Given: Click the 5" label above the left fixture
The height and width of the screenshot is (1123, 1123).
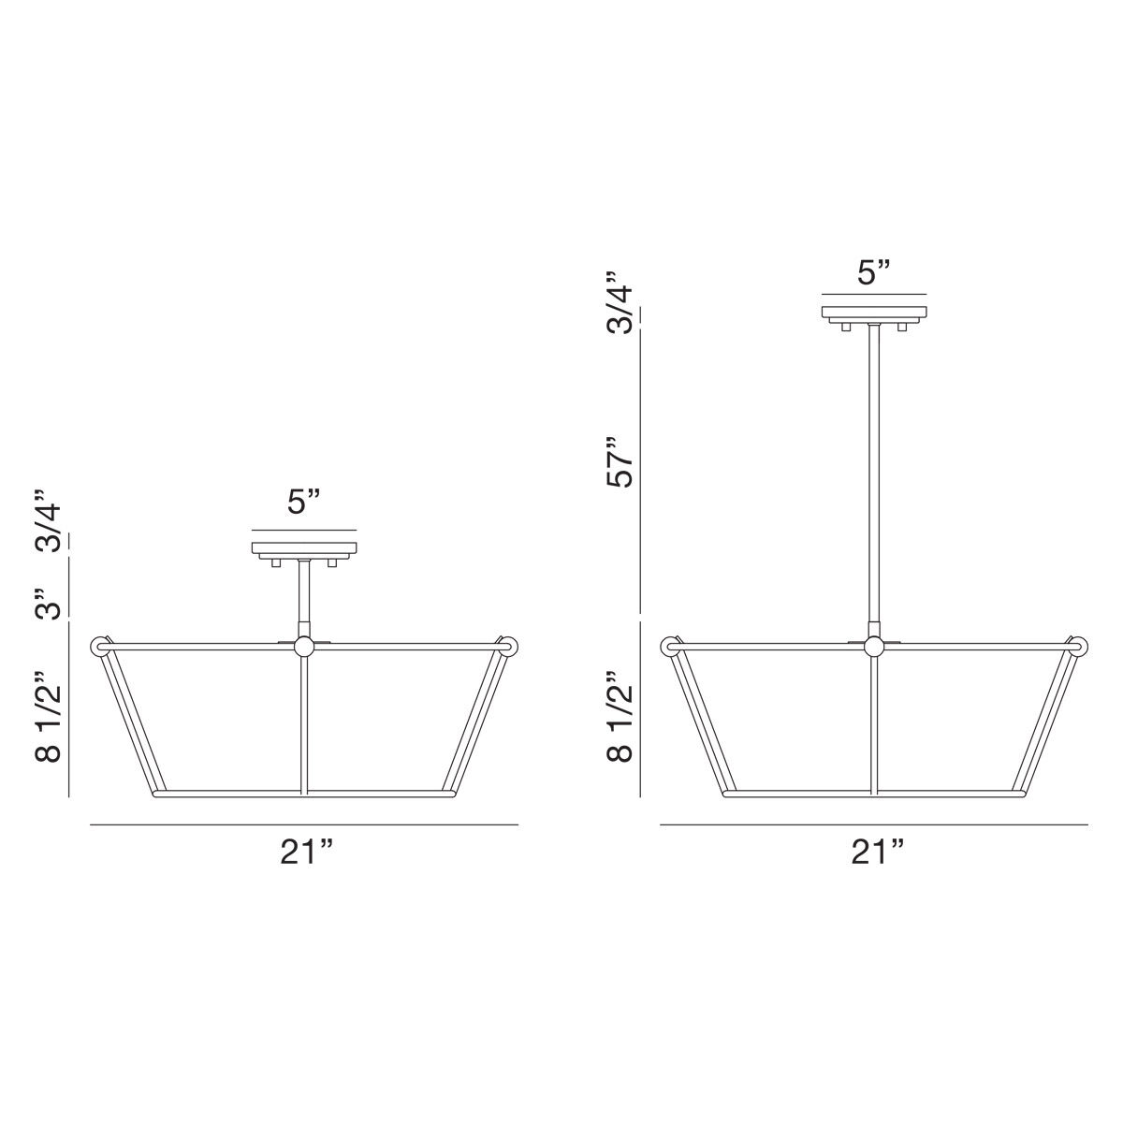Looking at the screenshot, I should coord(304,502).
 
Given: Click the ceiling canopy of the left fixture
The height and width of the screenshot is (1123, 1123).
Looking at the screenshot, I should coord(304,547).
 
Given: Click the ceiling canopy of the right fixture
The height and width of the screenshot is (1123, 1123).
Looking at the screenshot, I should coord(874,313).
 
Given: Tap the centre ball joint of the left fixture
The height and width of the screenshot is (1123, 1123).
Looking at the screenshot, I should coord(304,646).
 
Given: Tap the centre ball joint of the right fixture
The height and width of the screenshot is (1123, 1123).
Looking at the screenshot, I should coord(874,646).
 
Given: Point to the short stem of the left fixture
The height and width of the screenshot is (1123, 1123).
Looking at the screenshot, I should coord(304,593).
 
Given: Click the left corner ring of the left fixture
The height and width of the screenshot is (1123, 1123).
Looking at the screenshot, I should coord(99,646).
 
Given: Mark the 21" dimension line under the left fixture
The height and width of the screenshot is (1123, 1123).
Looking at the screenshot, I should coord(304,824).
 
